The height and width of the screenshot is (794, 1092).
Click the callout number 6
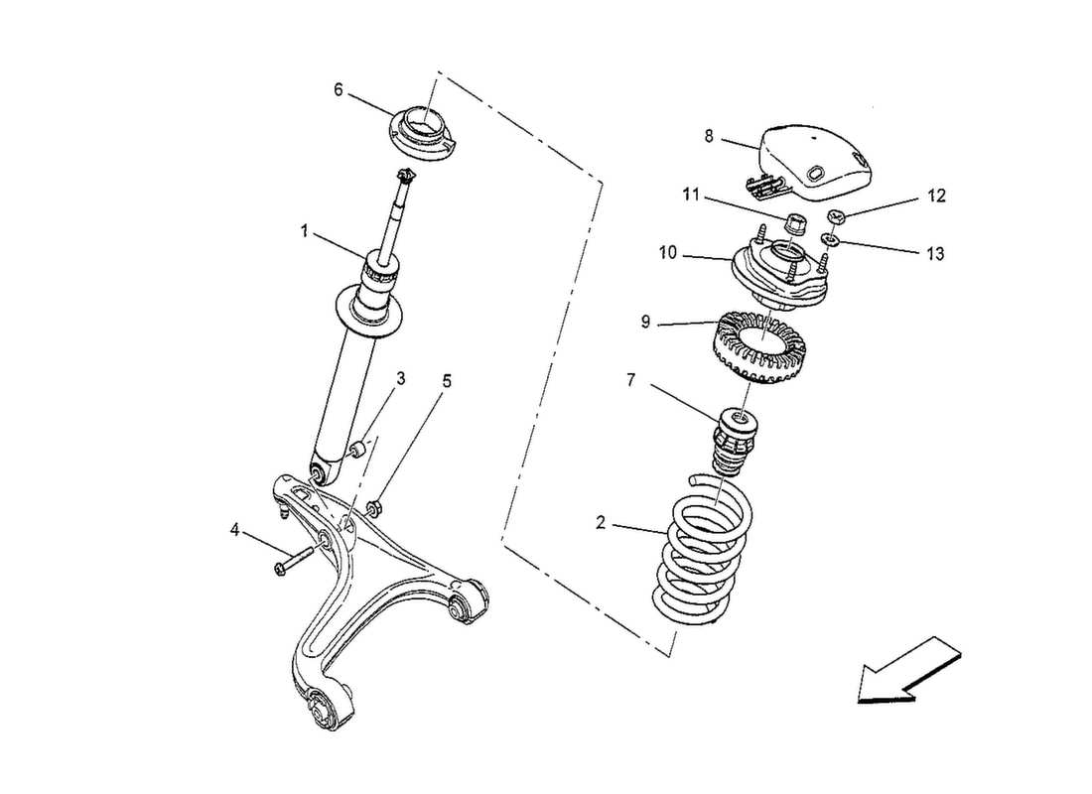click(x=339, y=90)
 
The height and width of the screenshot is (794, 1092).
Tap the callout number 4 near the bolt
click(x=236, y=532)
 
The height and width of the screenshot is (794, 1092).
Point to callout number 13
click(x=935, y=254)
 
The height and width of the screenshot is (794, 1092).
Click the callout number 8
click(x=709, y=137)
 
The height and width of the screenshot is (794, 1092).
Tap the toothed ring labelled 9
click(x=760, y=347)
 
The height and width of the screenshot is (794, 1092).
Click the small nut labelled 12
click(x=836, y=217)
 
